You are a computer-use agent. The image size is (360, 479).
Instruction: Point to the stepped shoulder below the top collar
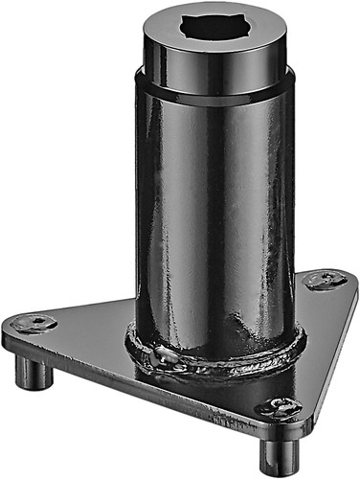tap(215, 88)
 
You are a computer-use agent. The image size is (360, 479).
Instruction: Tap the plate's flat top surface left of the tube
tap(91, 331)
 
